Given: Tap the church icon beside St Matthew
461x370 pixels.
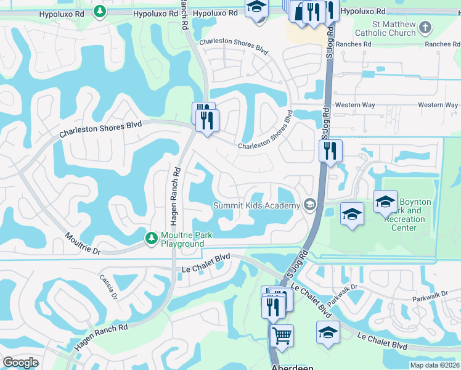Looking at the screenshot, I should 425,27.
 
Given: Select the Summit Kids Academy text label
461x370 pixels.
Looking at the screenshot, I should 256,205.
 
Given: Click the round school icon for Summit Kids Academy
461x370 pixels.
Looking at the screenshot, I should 310,205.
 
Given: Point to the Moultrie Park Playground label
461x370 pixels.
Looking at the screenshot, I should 182,239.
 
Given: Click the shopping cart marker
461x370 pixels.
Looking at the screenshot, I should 282,336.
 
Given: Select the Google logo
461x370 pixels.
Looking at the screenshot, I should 20,363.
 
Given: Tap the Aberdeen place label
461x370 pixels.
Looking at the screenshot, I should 292,366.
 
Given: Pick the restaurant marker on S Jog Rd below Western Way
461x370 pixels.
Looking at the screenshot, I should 330,150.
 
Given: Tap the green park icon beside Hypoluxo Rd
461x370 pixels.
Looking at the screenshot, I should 99,11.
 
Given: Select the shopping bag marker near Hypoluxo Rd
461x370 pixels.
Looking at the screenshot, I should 299,12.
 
